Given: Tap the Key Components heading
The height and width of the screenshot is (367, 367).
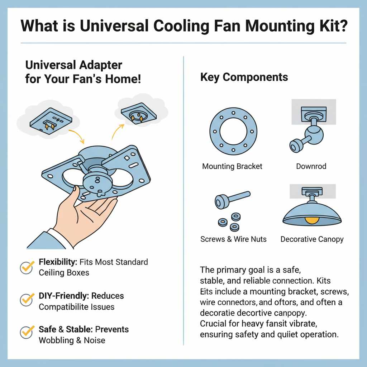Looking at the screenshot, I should point(244,77).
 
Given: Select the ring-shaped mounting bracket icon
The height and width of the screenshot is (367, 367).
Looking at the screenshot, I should point(233,132).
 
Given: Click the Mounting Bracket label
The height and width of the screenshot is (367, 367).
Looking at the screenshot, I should point(232,166).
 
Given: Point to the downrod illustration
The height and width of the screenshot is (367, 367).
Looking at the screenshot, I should point(307,133).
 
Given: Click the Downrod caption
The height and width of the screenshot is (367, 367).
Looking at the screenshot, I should point(311,166).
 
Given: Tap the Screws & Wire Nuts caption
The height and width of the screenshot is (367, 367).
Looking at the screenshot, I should point(233,239).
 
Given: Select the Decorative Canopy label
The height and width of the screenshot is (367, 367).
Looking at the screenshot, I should point(312,239).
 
